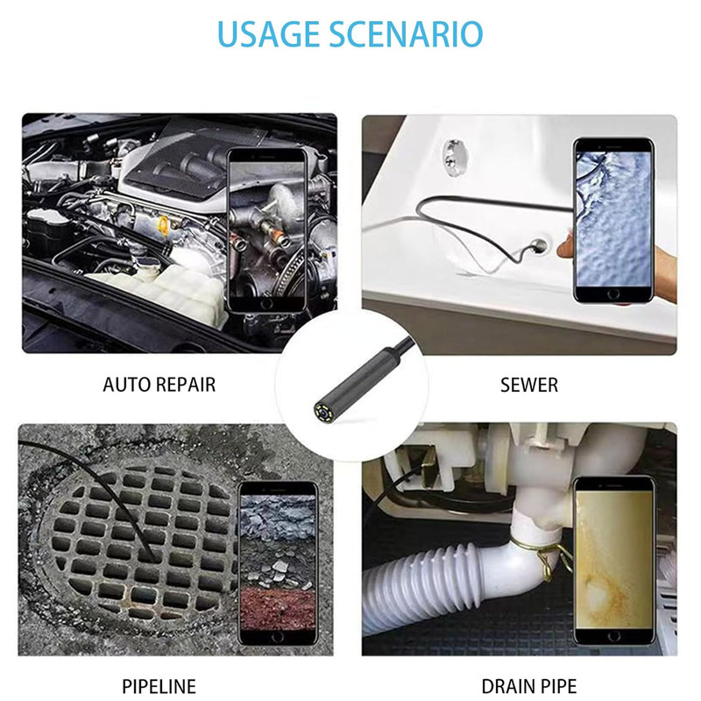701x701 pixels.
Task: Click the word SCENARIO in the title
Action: click(412, 33)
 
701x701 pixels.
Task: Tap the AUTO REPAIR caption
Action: click(159, 385)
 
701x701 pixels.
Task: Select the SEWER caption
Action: click(529, 385)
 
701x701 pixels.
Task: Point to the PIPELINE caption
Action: click(159, 686)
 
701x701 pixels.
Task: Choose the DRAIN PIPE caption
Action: click(529, 686)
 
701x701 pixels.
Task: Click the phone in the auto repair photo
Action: click(267, 230)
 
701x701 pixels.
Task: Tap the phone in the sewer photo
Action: click(613, 220)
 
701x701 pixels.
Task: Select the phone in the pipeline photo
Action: click(278, 563)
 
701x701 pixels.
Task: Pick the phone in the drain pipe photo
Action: click(614, 561)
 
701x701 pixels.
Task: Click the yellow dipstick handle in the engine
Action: click(164, 225)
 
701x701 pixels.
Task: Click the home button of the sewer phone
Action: click(613, 294)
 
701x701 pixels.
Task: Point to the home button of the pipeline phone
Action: click(278, 636)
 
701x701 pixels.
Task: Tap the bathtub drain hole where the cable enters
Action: click(540, 245)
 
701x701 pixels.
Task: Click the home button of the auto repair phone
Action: click(266, 304)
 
